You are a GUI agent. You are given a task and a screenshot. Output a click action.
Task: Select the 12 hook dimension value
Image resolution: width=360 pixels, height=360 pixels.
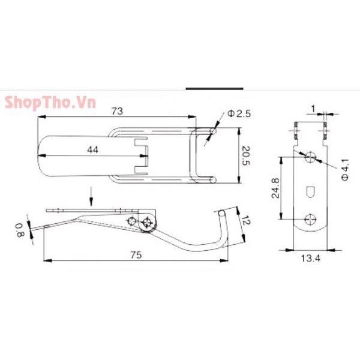pyautogui.click(x=245, y=221)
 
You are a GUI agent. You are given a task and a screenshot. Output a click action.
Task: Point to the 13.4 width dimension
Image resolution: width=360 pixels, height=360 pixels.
pyautogui.click(x=310, y=259)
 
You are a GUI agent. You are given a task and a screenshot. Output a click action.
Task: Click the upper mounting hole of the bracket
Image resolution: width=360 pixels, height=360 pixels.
pyautogui.click(x=310, y=157)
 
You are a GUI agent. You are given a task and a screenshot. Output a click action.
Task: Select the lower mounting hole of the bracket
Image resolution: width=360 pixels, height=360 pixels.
pyautogui.click(x=310, y=218)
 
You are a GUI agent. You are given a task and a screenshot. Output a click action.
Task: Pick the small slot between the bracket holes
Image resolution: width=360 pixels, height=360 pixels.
pyautogui.click(x=310, y=191)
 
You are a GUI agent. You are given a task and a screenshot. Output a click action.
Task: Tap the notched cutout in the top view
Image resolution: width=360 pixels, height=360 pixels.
pyautogui.click(x=141, y=155)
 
